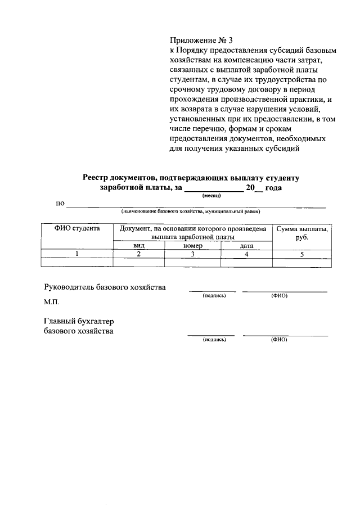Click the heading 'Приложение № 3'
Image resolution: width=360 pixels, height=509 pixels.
point(201,41)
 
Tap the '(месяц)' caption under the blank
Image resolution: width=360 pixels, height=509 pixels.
point(211,195)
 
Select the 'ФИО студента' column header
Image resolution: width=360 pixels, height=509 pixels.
point(77,229)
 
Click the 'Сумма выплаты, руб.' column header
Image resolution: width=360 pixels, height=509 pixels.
point(301,233)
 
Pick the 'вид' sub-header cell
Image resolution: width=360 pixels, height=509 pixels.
point(138,246)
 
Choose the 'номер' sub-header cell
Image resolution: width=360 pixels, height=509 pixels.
point(192,246)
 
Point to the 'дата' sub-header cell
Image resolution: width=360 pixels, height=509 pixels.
point(246,246)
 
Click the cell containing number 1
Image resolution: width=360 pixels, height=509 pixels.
point(77,254)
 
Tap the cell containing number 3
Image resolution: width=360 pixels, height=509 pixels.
point(192,254)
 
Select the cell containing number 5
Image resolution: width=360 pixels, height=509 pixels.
point(301,254)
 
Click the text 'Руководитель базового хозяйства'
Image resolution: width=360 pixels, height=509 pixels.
point(105,287)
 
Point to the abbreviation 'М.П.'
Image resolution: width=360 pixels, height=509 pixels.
point(51,301)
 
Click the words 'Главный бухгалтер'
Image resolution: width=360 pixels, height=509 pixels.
point(79,321)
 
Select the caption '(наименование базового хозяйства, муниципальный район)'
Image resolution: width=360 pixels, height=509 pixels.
point(190,211)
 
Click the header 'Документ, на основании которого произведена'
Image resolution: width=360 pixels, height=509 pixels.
point(192,229)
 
